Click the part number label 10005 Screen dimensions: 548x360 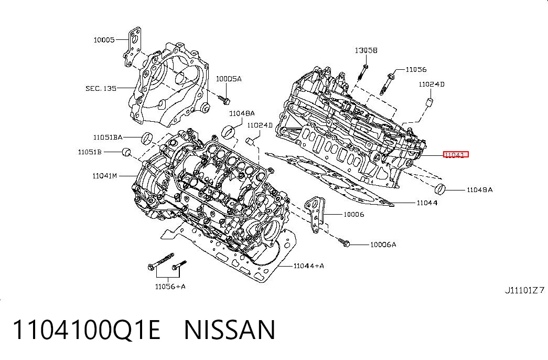104,40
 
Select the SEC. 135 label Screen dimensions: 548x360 101,88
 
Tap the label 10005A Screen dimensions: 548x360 229,79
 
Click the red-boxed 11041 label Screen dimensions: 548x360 456,155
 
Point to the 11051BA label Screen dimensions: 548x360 108,137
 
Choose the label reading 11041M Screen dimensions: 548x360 104,176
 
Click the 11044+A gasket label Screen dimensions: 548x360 308,266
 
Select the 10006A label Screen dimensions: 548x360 383,245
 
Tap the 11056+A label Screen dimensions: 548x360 170,287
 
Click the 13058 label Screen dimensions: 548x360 366,50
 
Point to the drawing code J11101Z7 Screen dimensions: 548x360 524,290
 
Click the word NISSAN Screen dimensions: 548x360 230,330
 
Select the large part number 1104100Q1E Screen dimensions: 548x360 87,330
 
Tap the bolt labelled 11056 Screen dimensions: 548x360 387,83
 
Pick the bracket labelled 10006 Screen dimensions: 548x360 315,215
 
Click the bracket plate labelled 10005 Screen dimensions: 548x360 133,46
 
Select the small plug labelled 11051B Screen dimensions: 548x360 126,152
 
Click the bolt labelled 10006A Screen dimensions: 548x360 344,242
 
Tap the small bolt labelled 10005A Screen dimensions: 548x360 224,100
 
